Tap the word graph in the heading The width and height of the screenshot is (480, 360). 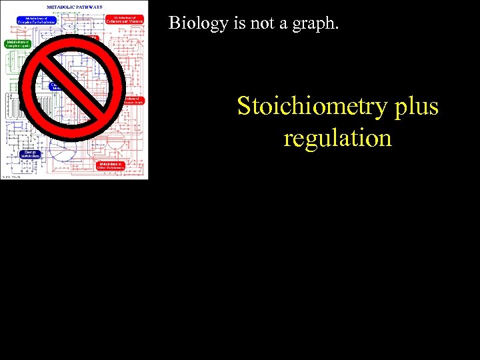(x=315, y=25)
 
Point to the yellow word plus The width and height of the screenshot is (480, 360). (x=416, y=107)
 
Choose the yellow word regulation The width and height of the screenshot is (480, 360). (x=337, y=139)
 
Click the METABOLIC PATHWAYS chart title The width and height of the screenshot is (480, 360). (x=74, y=7)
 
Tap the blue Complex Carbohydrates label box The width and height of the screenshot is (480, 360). (x=37, y=20)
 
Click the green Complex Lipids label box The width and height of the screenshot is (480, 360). (x=18, y=44)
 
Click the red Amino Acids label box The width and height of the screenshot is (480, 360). (x=135, y=101)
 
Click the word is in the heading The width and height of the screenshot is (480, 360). (x=234, y=24)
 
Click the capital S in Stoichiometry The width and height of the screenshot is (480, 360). (x=245, y=107)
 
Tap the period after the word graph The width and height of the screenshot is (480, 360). (x=337, y=29)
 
